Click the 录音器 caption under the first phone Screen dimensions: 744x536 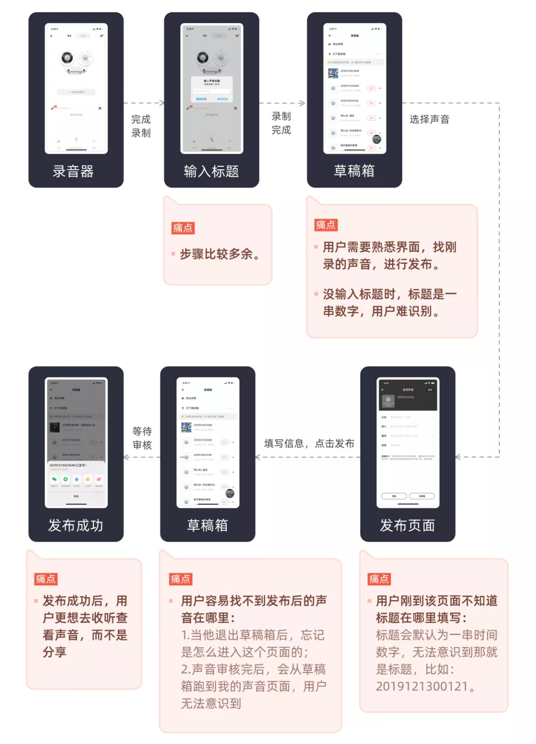tap(73, 172)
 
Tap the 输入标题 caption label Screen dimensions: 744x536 tap(211, 172)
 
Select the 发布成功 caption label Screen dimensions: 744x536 tap(75, 525)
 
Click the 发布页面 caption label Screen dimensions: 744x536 tap(407, 525)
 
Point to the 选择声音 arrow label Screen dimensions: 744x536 tap(429, 119)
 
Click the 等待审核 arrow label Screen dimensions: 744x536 tap(142, 438)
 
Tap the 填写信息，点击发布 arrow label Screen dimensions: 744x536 tap(309, 444)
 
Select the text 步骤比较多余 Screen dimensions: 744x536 tap(219, 254)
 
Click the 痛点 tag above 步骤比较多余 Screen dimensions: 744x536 tap(183, 228)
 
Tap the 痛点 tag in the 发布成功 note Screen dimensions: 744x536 tap(46, 579)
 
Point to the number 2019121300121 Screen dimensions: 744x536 tap(422, 686)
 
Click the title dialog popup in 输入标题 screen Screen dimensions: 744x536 tap(211, 89)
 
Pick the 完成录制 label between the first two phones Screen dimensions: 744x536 tap(141, 126)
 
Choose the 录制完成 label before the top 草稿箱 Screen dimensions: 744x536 tap(281, 123)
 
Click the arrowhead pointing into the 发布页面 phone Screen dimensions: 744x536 tap(458, 457)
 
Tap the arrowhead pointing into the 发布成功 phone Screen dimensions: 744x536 tap(127, 457)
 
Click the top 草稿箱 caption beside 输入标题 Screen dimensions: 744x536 tap(354, 171)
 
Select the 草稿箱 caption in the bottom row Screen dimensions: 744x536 tap(207, 525)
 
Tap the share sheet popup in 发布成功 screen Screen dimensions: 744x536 tap(76, 482)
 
